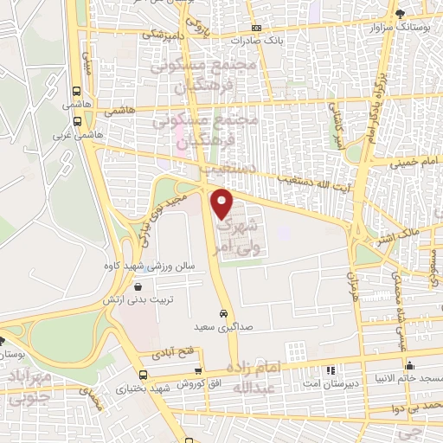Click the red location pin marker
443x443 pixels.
222,203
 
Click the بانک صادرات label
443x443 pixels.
257,40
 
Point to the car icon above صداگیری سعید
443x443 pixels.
223,313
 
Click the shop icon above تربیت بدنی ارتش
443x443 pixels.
138,286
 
